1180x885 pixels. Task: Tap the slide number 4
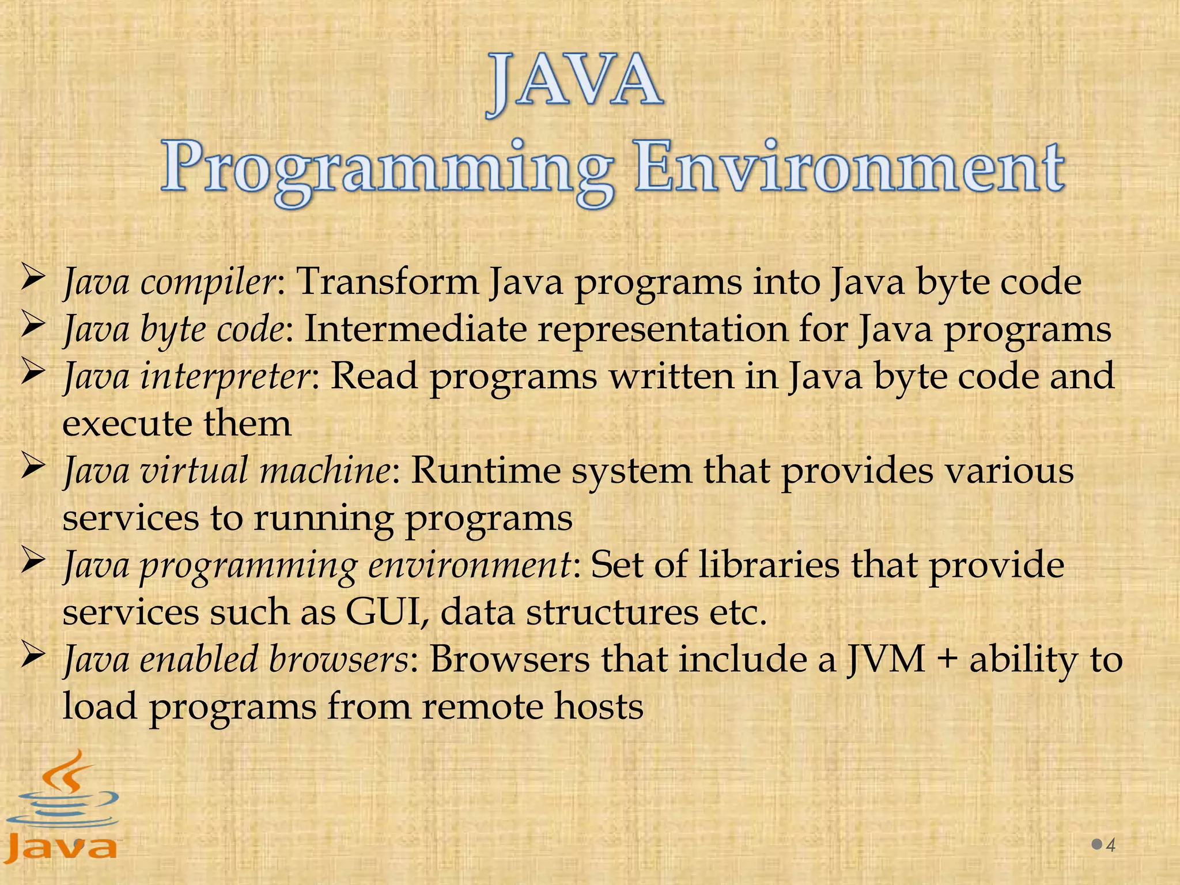[x=1111, y=845]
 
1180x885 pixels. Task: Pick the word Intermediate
[x=415, y=330]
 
